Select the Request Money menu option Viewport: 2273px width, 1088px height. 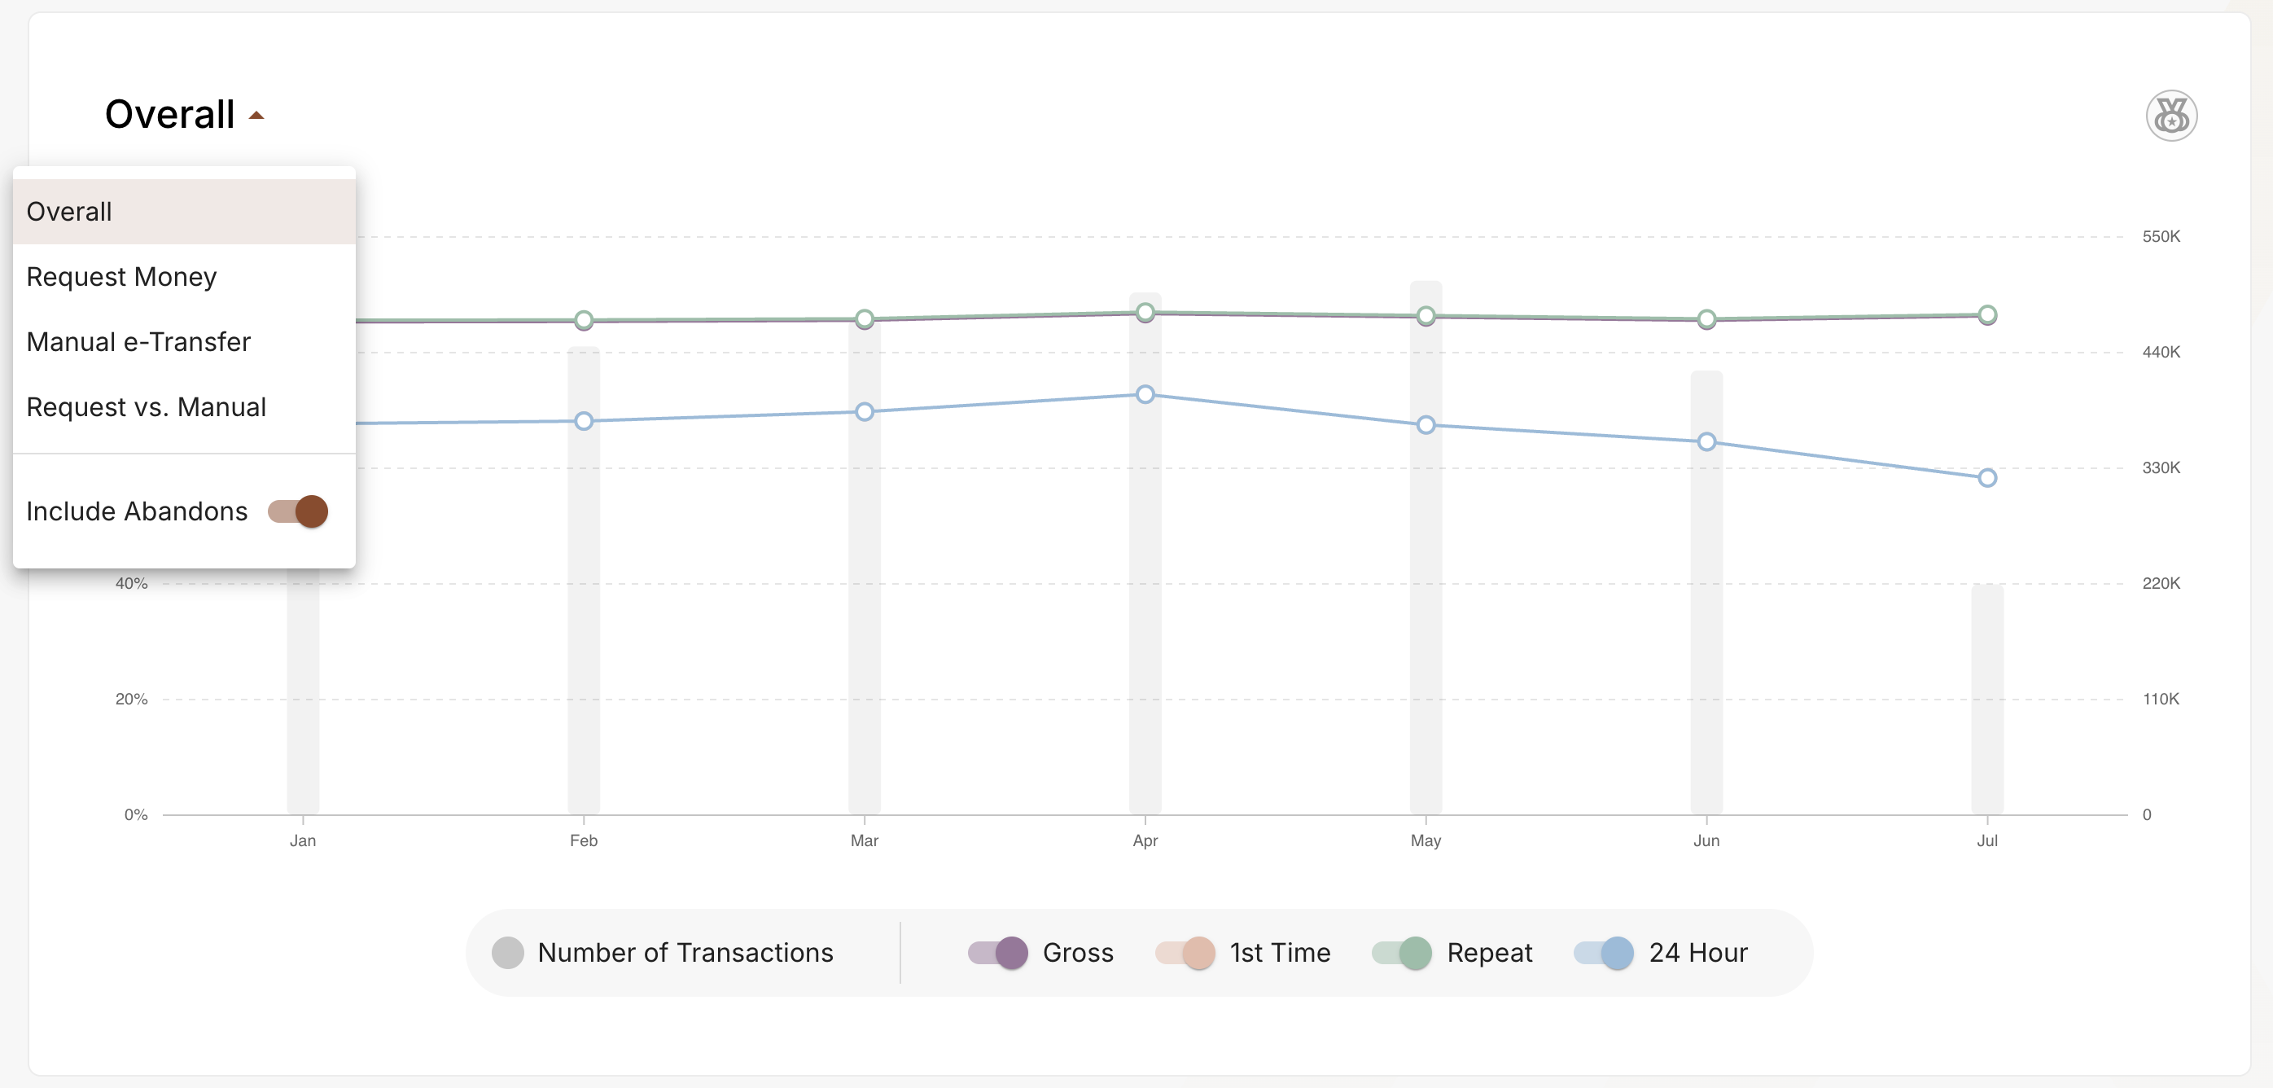click(x=122, y=277)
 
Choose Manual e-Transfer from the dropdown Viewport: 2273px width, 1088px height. click(x=138, y=342)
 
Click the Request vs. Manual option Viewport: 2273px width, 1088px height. click(x=147, y=408)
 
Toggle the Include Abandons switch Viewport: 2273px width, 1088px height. click(x=298, y=511)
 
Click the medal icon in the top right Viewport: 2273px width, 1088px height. click(x=2170, y=116)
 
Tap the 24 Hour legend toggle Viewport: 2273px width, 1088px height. click(x=1604, y=953)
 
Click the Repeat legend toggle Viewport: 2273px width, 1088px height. click(x=1402, y=953)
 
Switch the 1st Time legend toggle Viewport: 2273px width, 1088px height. click(x=1185, y=953)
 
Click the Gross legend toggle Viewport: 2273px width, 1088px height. click(x=998, y=953)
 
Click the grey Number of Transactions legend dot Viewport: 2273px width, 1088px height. click(x=507, y=953)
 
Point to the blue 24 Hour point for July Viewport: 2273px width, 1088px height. click(x=1987, y=478)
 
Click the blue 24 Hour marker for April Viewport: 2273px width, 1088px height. click(x=1145, y=394)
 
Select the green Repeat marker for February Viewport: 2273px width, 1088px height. click(x=583, y=319)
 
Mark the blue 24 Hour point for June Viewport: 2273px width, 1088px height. click(x=1706, y=441)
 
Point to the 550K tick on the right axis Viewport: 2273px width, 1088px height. click(x=2161, y=236)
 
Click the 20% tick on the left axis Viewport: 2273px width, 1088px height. click(x=131, y=699)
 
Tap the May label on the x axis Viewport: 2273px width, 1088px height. click(x=1426, y=841)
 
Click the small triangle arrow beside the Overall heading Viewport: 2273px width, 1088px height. click(x=256, y=116)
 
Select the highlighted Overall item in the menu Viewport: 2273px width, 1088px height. click(x=70, y=212)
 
